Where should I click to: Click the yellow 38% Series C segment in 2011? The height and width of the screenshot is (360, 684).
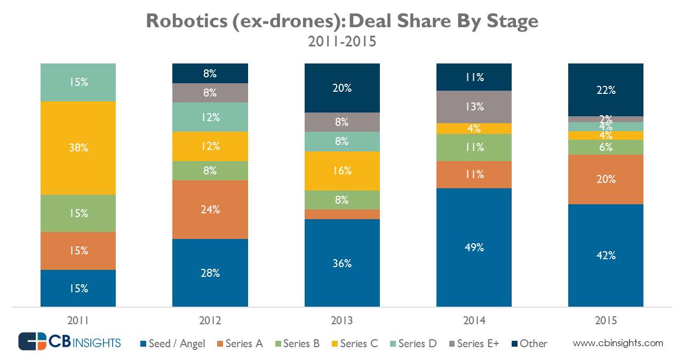click(x=78, y=148)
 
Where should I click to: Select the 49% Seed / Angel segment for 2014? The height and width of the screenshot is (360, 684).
click(x=474, y=247)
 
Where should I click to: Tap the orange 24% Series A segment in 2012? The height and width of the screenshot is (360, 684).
click(x=210, y=210)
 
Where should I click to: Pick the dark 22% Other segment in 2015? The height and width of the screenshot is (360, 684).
click(x=606, y=90)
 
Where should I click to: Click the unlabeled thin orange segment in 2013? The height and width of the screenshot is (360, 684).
click(x=342, y=214)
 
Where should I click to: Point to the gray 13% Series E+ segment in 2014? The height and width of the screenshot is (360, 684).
click(x=474, y=107)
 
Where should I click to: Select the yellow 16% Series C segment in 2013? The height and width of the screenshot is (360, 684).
click(x=342, y=171)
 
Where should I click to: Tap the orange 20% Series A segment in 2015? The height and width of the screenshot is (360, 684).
click(x=606, y=179)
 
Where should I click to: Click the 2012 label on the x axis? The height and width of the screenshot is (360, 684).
click(x=210, y=321)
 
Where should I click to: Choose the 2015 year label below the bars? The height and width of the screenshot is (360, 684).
click(x=606, y=321)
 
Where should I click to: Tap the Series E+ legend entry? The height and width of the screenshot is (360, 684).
click(x=472, y=343)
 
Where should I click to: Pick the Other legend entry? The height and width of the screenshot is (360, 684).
click(x=529, y=343)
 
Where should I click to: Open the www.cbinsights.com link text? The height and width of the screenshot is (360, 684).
click(x=618, y=343)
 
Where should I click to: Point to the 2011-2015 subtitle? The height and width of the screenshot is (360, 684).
click(x=342, y=42)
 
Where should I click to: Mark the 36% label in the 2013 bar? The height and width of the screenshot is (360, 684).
click(x=342, y=263)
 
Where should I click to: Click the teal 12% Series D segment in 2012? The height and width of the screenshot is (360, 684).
click(x=210, y=117)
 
